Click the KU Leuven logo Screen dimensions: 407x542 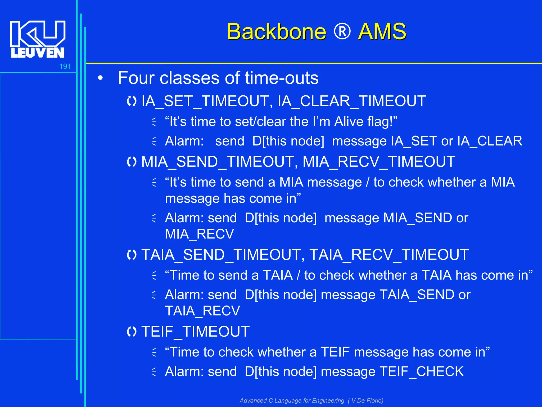pos(38,39)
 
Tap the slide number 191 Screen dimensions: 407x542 pos(65,67)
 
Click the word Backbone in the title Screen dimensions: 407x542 pos(277,32)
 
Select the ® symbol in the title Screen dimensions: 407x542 pos(342,32)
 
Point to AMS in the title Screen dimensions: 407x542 pos(382,32)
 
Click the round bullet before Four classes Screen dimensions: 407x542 pos(100,78)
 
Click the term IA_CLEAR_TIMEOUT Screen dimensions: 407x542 pos(352,101)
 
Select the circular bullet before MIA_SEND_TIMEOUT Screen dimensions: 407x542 pos(132,162)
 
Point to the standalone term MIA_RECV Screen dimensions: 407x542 pos(199,234)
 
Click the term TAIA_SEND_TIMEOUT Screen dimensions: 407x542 pos(221,255)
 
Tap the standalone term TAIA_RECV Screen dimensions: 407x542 pos(202,311)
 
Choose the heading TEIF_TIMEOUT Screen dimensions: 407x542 pos(195,331)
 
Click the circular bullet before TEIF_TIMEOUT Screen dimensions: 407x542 pos(132,331)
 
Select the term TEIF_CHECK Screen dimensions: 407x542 pos(421,371)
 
